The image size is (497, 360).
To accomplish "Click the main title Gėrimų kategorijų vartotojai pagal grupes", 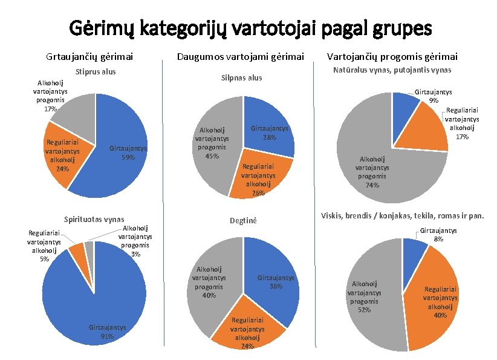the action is pyautogui.click(x=250, y=28).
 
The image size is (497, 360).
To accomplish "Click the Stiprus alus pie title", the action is pyautogui.click(x=96, y=72).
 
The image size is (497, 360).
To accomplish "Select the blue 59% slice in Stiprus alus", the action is pyautogui.click(x=120, y=149).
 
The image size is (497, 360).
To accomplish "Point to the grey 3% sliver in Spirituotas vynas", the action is pyautogui.click(x=89, y=249).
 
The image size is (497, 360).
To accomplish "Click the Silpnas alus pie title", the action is pyautogui.click(x=241, y=78).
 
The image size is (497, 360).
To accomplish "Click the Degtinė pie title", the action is pyautogui.click(x=243, y=221).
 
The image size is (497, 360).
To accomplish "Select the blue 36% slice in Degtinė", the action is pyautogui.click(x=273, y=279).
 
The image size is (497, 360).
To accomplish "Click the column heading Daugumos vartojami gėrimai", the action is pyautogui.click(x=241, y=57).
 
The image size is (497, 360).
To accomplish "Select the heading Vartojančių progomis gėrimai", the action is pyautogui.click(x=392, y=57).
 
